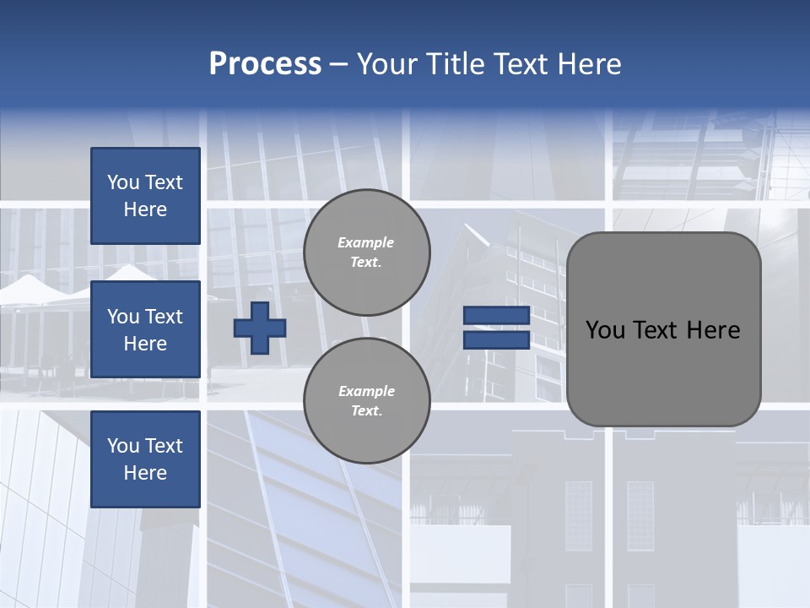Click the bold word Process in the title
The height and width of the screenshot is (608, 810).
(265, 64)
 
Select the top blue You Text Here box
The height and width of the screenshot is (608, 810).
(145, 196)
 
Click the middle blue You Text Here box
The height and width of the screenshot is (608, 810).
(145, 329)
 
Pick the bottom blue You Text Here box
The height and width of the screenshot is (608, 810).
(145, 459)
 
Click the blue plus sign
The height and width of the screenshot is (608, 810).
(260, 328)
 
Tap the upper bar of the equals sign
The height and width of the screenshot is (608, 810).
(496, 316)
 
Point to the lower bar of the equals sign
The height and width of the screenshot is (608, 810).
(496, 339)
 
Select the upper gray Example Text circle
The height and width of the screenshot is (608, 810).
(367, 252)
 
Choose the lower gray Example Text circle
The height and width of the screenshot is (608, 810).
(367, 401)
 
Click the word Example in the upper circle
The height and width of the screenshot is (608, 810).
(366, 242)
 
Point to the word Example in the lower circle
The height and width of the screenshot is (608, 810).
(366, 391)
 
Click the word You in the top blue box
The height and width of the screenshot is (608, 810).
(123, 182)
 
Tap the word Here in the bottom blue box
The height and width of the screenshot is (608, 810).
(145, 473)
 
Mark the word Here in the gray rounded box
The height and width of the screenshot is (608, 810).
(713, 330)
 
